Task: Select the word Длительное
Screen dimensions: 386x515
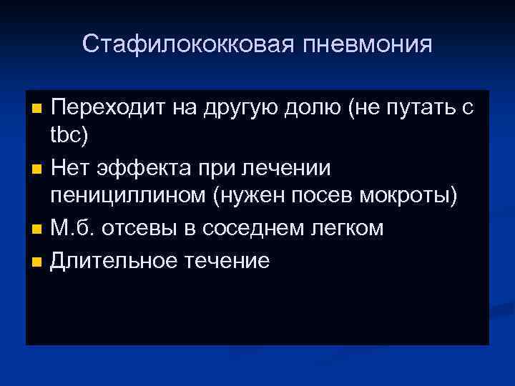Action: [x=114, y=260]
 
